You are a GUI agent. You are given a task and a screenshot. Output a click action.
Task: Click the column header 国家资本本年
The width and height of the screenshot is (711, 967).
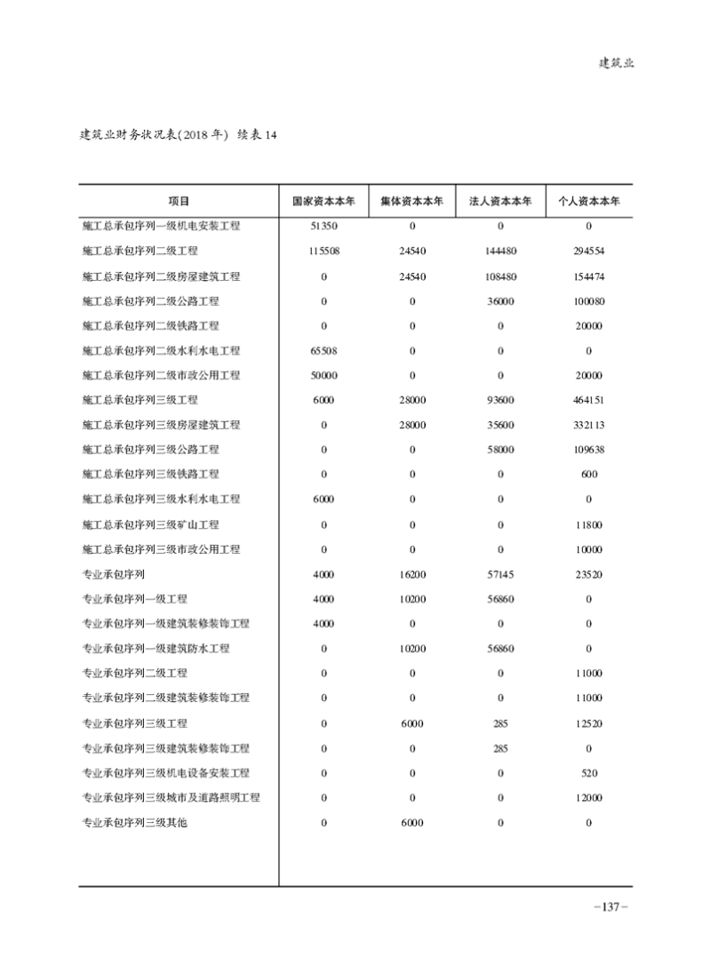pyautogui.click(x=324, y=201)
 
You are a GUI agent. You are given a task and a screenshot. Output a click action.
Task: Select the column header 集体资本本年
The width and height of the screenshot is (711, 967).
pyautogui.click(x=412, y=201)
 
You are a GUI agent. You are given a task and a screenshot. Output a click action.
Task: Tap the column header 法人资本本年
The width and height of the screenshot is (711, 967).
pyautogui.click(x=500, y=201)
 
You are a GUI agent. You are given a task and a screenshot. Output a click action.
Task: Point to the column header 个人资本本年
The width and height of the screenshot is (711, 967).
pyautogui.click(x=589, y=201)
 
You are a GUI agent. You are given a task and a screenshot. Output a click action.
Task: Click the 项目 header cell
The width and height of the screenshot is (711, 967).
pyautogui.click(x=179, y=201)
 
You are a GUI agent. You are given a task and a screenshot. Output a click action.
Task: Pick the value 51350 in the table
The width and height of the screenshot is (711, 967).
pyautogui.click(x=324, y=226)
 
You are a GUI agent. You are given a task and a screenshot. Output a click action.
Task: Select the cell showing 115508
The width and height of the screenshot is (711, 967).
pyautogui.click(x=324, y=252)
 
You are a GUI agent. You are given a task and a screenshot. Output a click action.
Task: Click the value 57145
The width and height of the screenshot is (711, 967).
pyautogui.click(x=500, y=574)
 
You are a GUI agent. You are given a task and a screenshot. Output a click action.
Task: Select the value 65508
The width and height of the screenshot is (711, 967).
pyautogui.click(x=324, y=351)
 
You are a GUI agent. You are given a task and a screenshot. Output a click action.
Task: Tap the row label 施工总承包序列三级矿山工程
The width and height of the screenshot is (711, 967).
pyautogui.click(x=150, y=524)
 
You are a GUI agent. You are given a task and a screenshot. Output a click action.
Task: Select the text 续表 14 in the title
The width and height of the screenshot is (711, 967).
pyautogui.click(x=259, y=135)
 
